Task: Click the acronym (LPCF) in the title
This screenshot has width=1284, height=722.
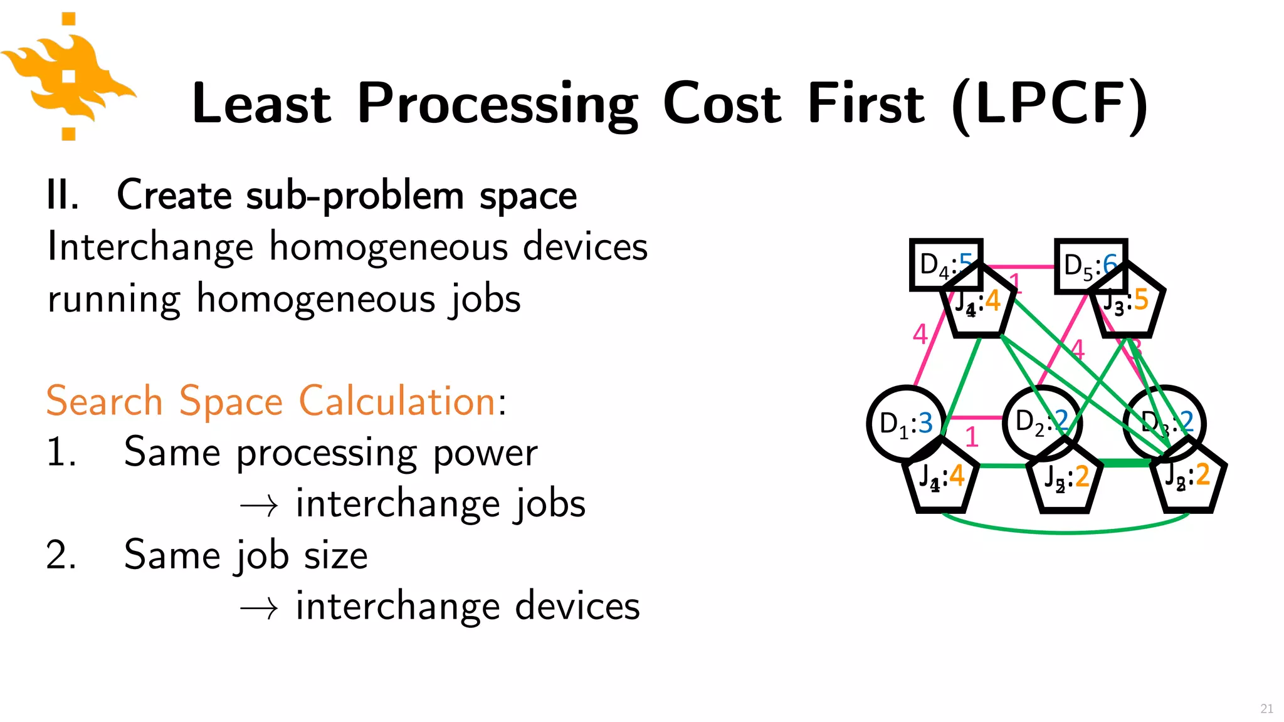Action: [1050, 104]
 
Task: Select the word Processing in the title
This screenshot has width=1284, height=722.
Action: [497, 104]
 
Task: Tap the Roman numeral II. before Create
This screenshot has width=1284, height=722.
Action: [63, 196]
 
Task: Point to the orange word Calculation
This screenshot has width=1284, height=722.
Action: [397, 401]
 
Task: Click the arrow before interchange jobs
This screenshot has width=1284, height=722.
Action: [259, 505]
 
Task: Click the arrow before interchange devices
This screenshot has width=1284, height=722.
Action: [259, 608]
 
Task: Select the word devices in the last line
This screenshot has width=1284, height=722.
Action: [577, 607]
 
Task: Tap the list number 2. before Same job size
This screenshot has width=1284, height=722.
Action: [61, 555]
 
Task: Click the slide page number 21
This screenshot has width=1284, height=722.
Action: [1266, 708]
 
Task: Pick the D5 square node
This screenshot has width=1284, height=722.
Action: [1078, 263]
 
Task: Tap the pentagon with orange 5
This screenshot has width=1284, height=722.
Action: [1127, 304]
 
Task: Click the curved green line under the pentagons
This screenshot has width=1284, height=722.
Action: [1066, 531]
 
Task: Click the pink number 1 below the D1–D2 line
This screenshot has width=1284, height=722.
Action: [972, 437]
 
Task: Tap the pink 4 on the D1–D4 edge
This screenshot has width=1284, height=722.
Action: [920, 334]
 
